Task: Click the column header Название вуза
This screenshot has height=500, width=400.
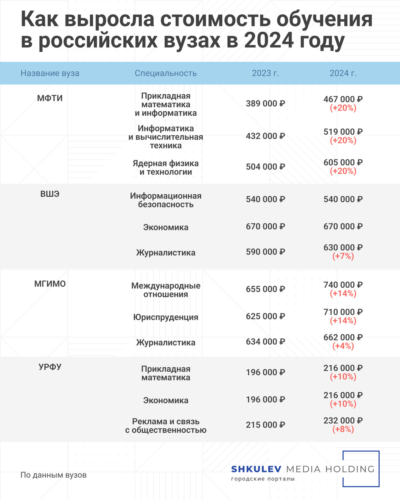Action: tap(50, 74)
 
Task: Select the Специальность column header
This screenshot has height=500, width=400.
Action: tap(166, 74)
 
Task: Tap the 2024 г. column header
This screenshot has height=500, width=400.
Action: tap(343, 74)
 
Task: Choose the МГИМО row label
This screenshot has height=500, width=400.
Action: tap(50, 284)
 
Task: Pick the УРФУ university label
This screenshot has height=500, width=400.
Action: tap(50, 367)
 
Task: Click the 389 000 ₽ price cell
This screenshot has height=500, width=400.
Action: tap(265, 104)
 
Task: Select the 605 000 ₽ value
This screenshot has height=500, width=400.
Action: tap(343, 162)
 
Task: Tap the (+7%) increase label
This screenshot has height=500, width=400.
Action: tap(343, 257)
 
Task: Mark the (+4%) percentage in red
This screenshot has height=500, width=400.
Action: tap(343, 346)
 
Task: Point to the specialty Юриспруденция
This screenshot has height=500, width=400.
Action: tap(166, 317)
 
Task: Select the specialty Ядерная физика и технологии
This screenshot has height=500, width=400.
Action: tap(166, 167)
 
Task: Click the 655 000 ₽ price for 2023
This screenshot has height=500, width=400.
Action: tap(265, 289)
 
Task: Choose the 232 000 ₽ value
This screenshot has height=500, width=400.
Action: tap(343, 421)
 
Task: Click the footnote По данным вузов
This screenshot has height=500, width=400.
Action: tap(54, 475)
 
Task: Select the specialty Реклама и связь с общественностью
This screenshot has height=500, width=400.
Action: tap(166, 426)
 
